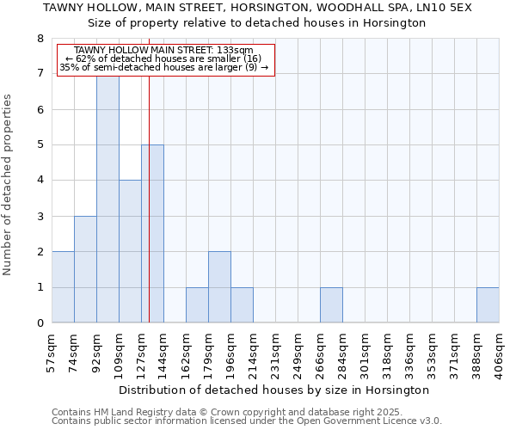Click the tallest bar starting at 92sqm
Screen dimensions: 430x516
107,198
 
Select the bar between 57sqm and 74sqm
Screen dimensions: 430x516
63,287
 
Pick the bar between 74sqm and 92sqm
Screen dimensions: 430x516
85,269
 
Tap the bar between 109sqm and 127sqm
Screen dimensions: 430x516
130,251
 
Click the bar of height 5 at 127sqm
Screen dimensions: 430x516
152,234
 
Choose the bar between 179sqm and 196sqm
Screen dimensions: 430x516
219,287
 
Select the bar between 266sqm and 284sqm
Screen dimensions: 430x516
331,305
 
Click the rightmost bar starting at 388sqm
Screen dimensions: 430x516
488,305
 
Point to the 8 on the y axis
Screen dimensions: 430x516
40,39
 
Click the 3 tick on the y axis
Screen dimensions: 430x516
40,217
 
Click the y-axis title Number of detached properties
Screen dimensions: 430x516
9,185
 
